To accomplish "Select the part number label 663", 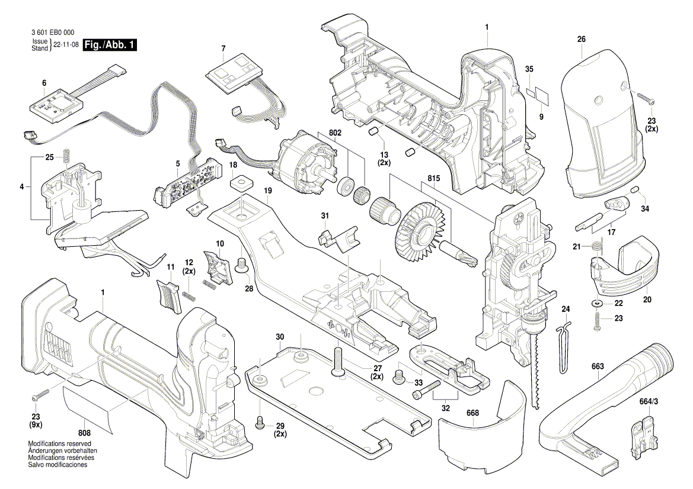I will tap(597, 366).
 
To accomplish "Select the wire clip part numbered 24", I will tap(563, 349).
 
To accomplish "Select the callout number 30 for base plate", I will tap(280, 336).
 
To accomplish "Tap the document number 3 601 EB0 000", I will tap(52, 33).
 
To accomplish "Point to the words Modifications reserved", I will tap(59, 443).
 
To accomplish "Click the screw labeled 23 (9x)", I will tap(37, 393).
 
